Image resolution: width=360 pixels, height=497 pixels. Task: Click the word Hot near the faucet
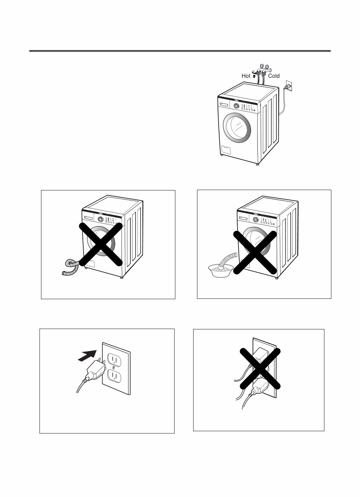[x=246, y=76]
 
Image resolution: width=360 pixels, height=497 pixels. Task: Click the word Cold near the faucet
[x=274, y=76]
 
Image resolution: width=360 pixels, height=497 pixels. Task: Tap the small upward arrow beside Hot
[x=254, y=76]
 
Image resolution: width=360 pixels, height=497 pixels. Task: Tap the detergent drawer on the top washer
[x=224, y=105]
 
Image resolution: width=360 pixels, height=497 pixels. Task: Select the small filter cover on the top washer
[x=225, y=149]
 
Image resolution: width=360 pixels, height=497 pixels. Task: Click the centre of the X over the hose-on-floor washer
[x=101, y=244]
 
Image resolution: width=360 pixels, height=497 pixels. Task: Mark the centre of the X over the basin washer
[x=255, y=252]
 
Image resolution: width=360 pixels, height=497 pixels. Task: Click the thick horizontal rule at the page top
[x=180, y=51]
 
